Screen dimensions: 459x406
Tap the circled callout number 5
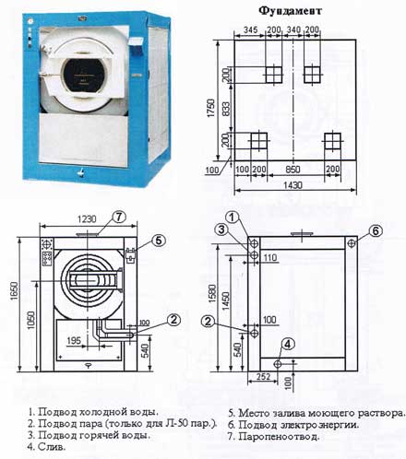click(x=159, y=241)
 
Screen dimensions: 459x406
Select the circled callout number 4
click(x=288, y=343)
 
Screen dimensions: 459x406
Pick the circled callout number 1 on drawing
click(x=233, y=218)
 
